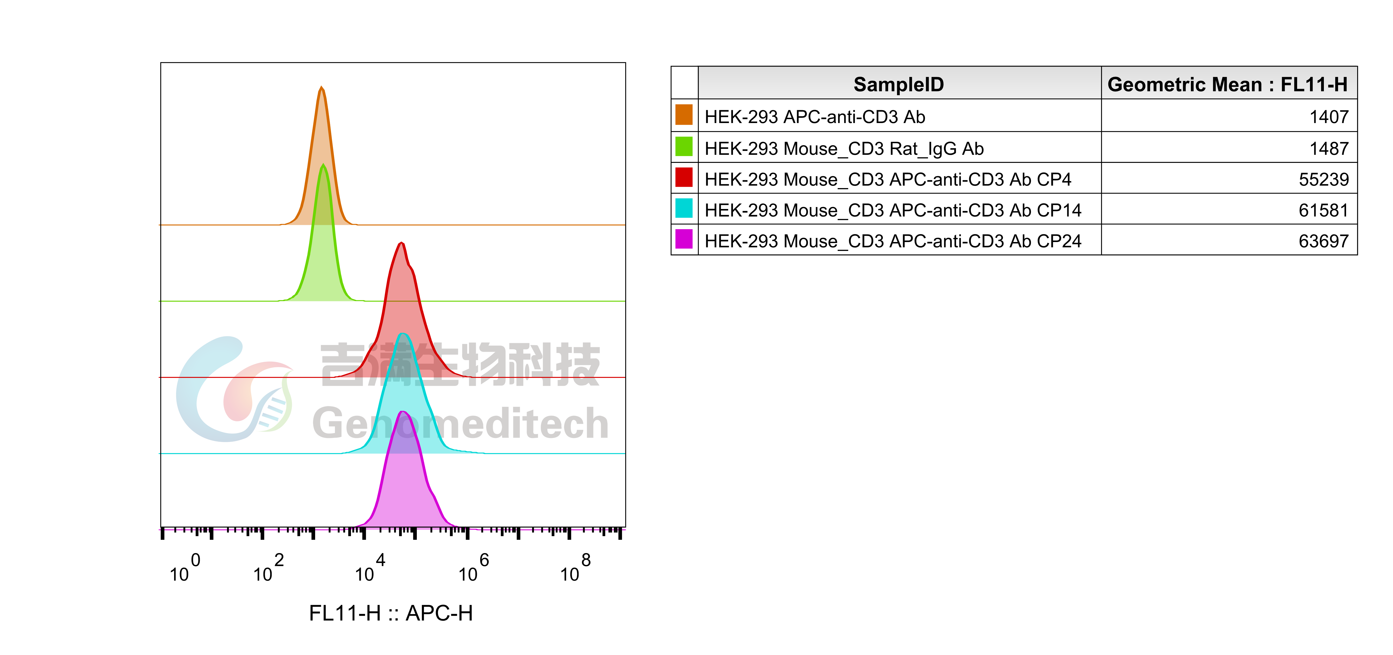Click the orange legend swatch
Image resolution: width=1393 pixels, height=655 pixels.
tap(684, 114)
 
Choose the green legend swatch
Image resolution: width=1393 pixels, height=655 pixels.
tap(684, 146)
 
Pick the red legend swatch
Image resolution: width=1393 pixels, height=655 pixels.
tap(684, 177)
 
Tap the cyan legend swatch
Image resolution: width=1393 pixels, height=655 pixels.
tap(684, 207)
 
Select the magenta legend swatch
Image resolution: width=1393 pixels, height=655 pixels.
tap(684, 238)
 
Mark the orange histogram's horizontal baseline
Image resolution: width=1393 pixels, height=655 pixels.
tap(487, 224)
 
